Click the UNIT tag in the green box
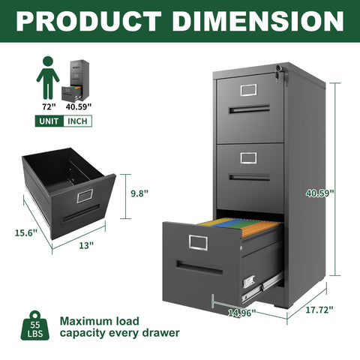tap(50, 121)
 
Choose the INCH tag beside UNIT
tap(78, 121)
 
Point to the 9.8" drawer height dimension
tap(139, 193)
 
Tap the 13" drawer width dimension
tap(85, 245)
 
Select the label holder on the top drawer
tap(248, 90)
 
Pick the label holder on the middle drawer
tap(248, 158)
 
